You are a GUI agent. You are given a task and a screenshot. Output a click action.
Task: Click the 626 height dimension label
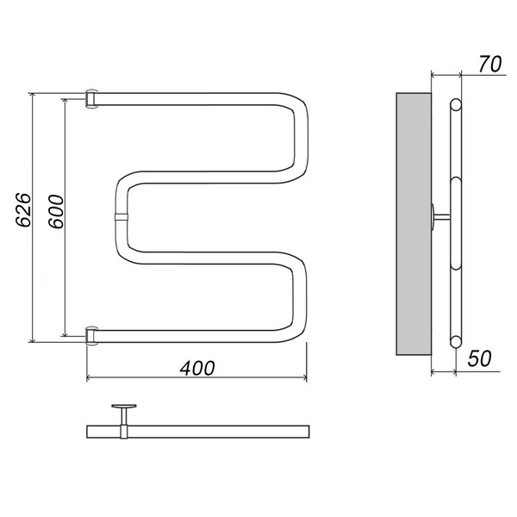click(x=23, y=210)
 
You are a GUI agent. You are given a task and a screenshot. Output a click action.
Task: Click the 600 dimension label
click(x=56, y=212)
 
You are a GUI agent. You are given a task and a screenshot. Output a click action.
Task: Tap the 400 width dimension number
click(x=197, y=368)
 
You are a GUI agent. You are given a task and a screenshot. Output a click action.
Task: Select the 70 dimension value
click(x=490, y=64)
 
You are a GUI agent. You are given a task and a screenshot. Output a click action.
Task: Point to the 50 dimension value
click(x=479, y=358)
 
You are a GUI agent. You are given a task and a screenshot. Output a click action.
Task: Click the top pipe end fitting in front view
click(x=91, y=99)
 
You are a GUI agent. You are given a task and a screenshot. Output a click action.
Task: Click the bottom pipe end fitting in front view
click(x=91, y=336)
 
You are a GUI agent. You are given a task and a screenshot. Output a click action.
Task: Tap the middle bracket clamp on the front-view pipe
click(x=121, y=217)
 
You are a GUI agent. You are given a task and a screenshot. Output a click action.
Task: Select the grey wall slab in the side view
click(x=414, y=224)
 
